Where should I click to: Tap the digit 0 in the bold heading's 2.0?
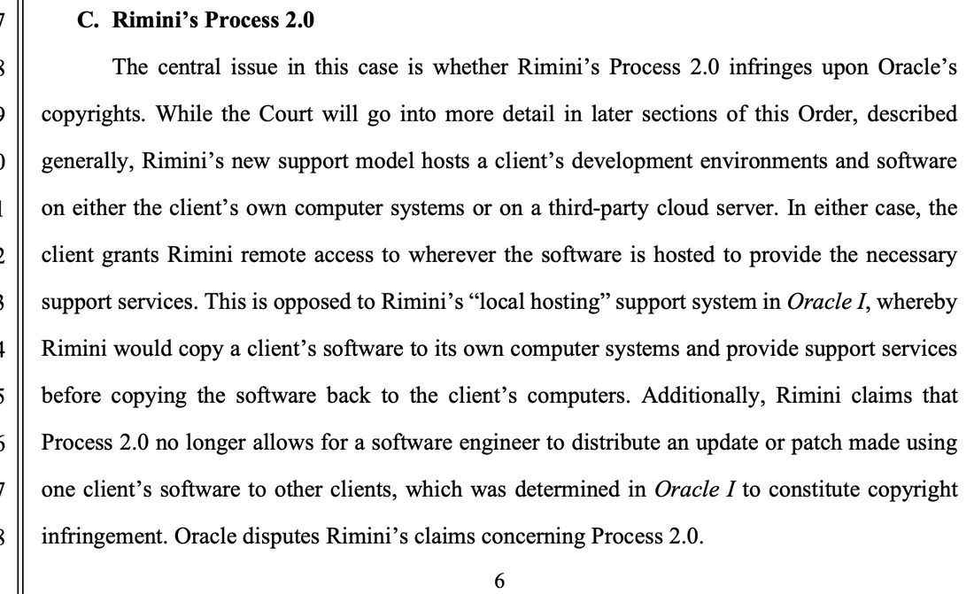pos(307,19)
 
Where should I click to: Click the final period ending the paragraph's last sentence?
pos(700,544)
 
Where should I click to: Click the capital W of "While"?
pos(166,114)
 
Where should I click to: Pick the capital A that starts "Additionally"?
pos(648,395)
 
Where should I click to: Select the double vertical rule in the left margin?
pos(20,297)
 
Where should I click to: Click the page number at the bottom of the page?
pos(499,581)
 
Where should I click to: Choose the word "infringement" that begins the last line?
pos(104,536)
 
